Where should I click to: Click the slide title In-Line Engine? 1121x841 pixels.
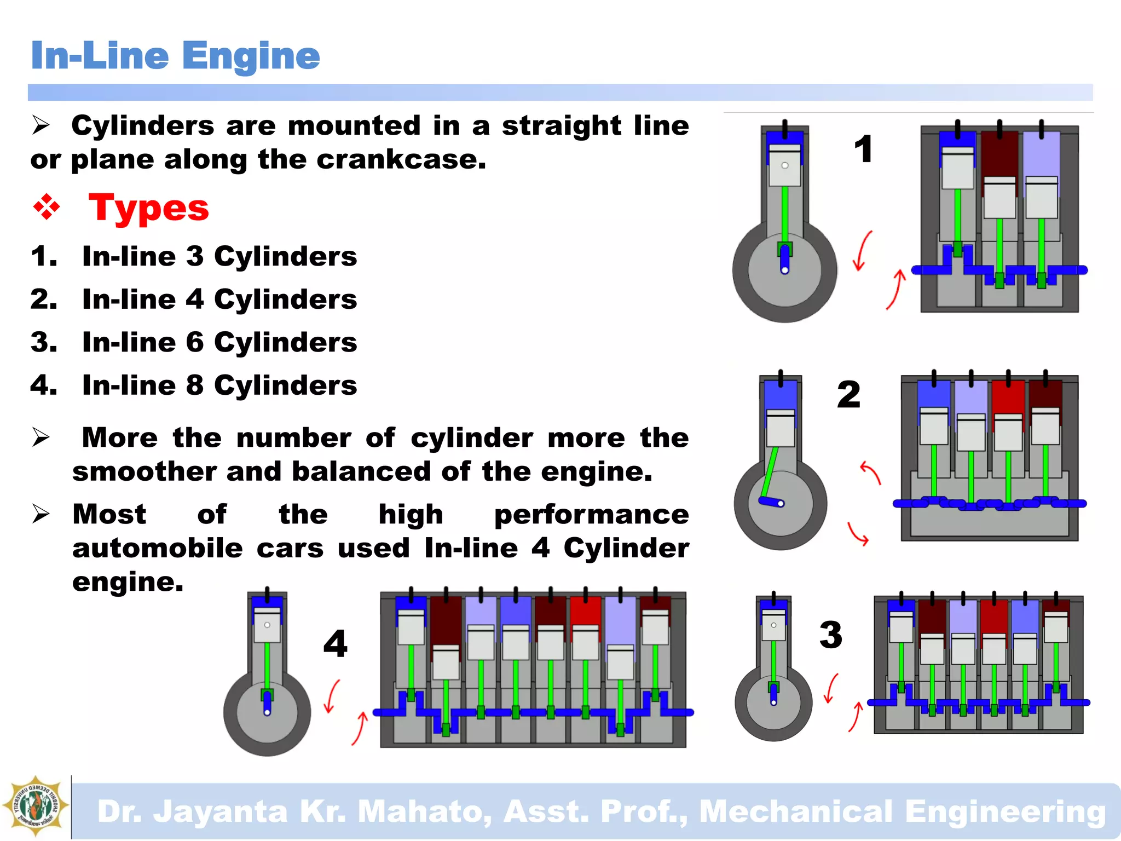click(175, 56)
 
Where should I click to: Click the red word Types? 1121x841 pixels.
click(148, 208)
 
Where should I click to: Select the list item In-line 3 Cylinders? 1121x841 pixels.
click(219, 256)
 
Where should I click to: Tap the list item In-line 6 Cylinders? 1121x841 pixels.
click(219, 342)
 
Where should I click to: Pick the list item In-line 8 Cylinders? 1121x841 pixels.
click(219, 385)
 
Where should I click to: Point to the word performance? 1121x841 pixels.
click(591, 515)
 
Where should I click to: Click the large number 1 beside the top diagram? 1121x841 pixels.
click(863, 149)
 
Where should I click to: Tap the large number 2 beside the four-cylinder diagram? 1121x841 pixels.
click(848, 394)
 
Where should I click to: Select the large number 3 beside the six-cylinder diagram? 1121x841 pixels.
click(830, 635)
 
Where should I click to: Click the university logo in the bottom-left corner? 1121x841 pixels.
click(36, 806)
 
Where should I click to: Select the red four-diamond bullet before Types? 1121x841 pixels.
click(47, 208)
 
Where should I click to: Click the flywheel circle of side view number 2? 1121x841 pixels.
click(781, 504)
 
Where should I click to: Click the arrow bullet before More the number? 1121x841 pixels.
click(41, 437)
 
